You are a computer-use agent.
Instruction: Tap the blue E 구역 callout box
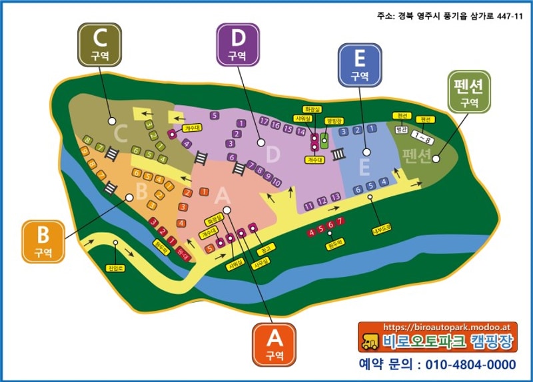pyautogui.click(x=360, y=66)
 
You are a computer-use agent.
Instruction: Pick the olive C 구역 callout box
pyautogui.click(x=100, y=45)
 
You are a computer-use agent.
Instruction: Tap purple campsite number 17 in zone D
pyautogui.click(x=265, y=122)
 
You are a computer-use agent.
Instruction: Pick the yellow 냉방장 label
pyautogui.click(x=333, y=121)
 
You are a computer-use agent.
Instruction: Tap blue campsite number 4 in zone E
pyautogui.click(x=383, y=182)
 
